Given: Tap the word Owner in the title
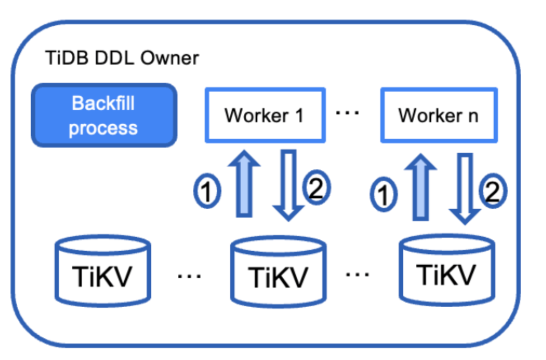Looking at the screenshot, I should pyautogui.click(x=170, y=59).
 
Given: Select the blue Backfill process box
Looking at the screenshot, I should pyautogui.click(x=104, y=115).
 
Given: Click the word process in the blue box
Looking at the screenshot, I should pyautogui.click(x=103, y=128).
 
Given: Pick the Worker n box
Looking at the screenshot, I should pyautogui.click(x=439, y=115).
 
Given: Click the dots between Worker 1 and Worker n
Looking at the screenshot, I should pyautogui.click(x=348, y=112).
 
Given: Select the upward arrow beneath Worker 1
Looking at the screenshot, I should pyautogui.click(x=244, y=183).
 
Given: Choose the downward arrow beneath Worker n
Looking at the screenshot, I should pyautogui.click(x=464, y=187).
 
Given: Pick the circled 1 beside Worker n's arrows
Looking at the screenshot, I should pyautogui.click(x=383, y=194).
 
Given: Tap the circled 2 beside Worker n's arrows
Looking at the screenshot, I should pyautogui.click(x=493, y=192).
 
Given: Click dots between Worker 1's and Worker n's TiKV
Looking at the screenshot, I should pyautogui.click(x=357, y=274).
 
